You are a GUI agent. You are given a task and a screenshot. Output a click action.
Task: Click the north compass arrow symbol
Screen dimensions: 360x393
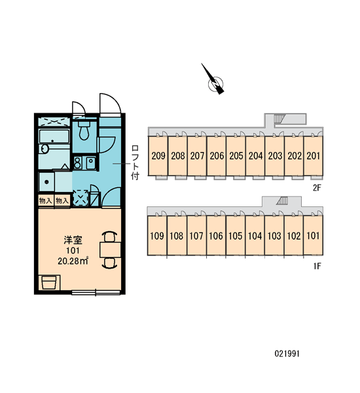pyautogui.click(x=215, y=81)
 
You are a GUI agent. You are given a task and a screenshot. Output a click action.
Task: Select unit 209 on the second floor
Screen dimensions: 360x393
pyautogui.click(x=158, y=156)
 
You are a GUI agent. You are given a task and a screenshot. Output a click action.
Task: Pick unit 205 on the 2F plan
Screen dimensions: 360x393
pyautogui.click(x=236, y=156)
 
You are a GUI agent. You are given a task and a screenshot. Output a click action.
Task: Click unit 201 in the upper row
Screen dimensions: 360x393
pyautogui.click(x=314, y=156)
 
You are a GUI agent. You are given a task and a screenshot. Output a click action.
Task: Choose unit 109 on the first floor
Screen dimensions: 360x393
pyautogui.click(x=157, y=236)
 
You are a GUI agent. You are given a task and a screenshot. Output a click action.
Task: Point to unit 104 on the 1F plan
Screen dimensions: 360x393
pyautogui.click(x=255, y=236)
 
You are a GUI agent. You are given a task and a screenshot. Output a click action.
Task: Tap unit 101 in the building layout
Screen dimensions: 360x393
pyautogui.click(x=313, y=236)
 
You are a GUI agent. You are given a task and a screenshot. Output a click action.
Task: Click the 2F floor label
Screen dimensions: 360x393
pyautogui.click(x=317, y=187)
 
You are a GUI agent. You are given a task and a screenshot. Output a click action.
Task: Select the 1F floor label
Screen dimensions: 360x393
pyautogui.click(x=317, y=266)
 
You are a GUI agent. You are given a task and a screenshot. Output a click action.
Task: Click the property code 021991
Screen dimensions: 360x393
pyautogui.click(x=287, y=354)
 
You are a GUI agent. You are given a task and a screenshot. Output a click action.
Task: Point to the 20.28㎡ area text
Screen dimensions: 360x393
pyautogui.click(x=73, y=261)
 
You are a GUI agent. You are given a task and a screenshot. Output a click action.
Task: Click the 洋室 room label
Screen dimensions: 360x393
pyautogui.click(x=73, y=240)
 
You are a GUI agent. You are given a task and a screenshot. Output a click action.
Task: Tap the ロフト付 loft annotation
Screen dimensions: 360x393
pyautogui.click(x=135, y=162)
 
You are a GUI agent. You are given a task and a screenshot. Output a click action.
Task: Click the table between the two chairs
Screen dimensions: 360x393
pyautogui.click(x=110, y=250)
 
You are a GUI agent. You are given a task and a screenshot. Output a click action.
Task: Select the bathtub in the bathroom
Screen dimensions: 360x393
pyautogui.click(x=54, y=136)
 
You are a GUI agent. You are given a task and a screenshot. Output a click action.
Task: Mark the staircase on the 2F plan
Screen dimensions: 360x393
pyautogui.click(x=278, y=118)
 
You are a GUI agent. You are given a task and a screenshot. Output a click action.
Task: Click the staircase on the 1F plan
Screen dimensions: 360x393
pyautogui.click(x=282, y=200)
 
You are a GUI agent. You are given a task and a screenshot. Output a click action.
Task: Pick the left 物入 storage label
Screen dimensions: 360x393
pyautogui.click(x=45, y=200)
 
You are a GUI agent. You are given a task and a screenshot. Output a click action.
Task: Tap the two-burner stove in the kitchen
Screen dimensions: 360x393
pyautogui.click(x=77, y=162)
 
